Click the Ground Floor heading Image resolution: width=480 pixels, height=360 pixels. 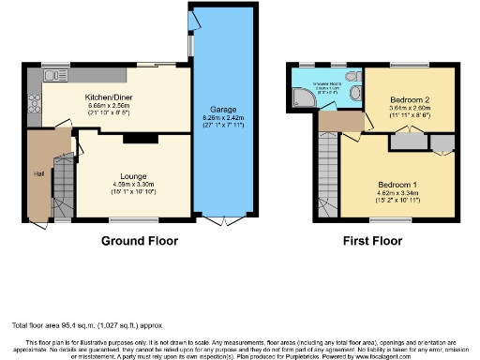140,241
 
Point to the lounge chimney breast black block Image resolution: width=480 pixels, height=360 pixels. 136,139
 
